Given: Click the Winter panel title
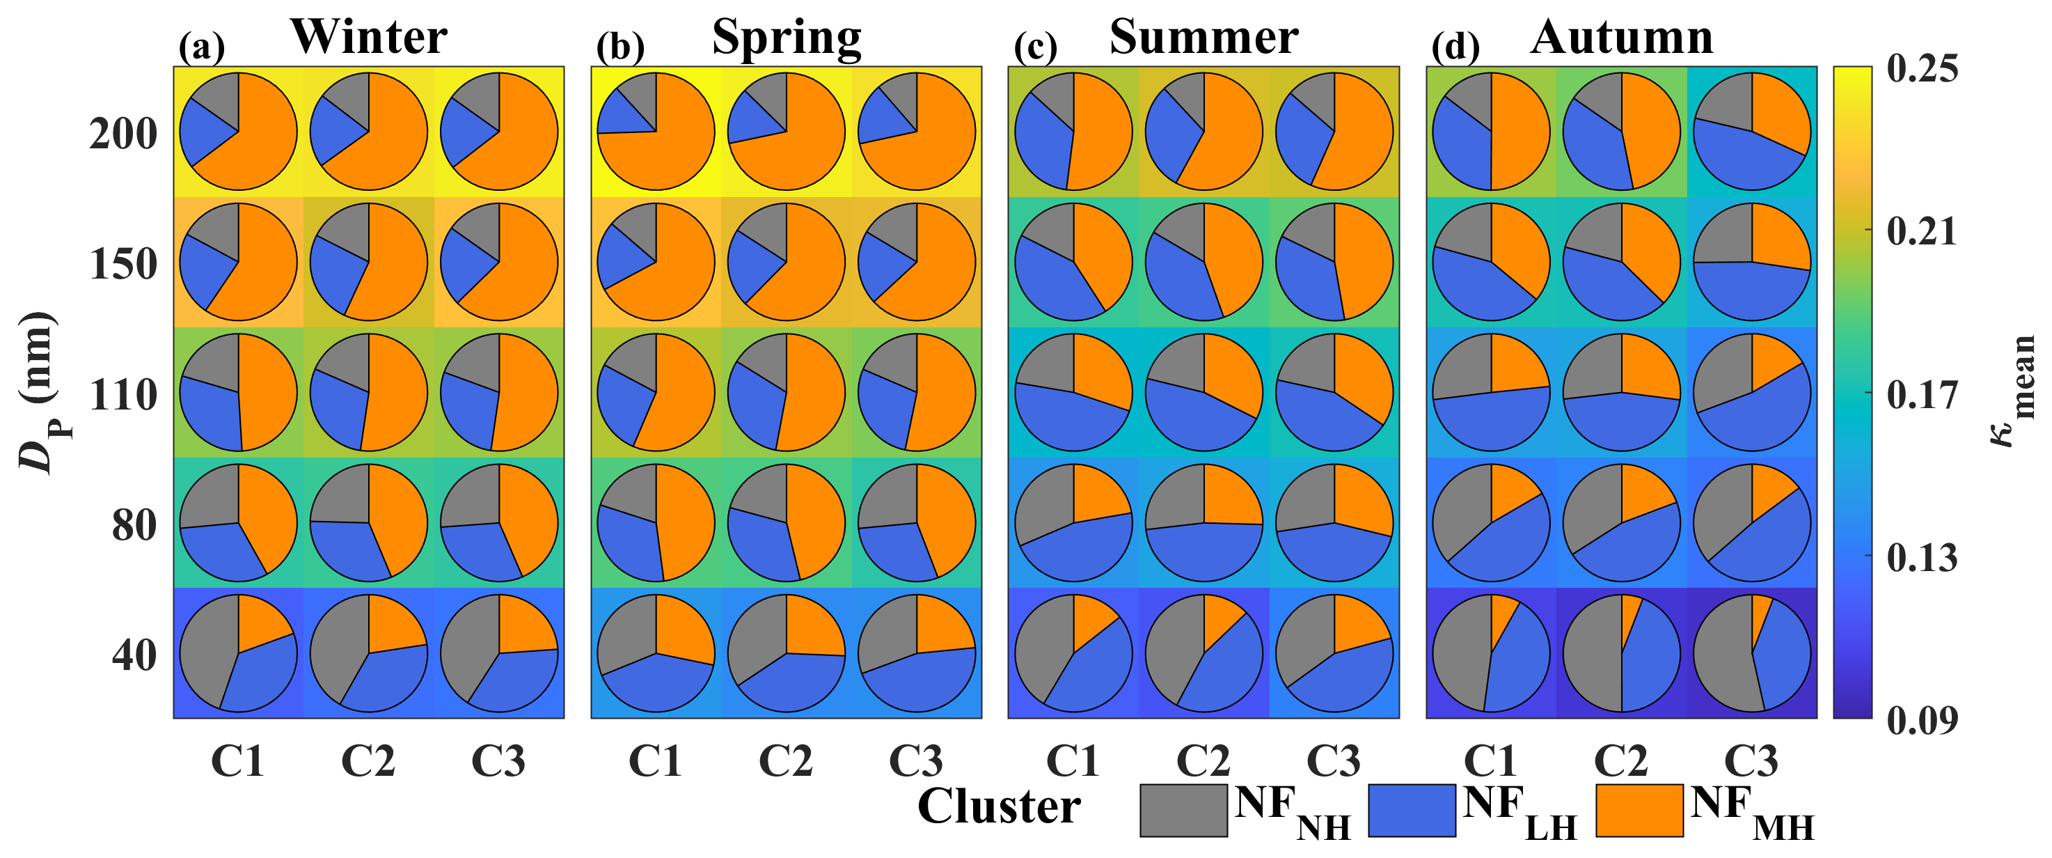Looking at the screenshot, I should [x=368, y=37].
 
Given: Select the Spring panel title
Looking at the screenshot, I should [x=787, y=37].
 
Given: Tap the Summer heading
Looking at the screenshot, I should [x=1203, y=37].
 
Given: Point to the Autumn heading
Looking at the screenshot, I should [x=1621, y=37].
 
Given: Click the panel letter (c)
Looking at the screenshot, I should [x=1035, y=48].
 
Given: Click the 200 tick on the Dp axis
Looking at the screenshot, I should [x=123, y=134].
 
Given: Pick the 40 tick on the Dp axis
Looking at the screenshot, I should [x=134, y=655].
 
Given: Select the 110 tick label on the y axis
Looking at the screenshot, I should [x=123, y=395].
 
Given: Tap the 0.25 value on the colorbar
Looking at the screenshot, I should [x=1921, y=68].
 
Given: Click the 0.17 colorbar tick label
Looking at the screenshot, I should [x=1921, y=395].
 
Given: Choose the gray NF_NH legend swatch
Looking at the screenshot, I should [x=1183, y=810].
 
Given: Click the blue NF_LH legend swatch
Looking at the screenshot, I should [x=1412, y=810].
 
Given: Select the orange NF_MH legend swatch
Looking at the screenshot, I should [x=1639, y=810].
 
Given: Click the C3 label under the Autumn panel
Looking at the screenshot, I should [x=1751, y=760].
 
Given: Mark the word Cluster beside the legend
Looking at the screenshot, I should [x=999, y=806].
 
